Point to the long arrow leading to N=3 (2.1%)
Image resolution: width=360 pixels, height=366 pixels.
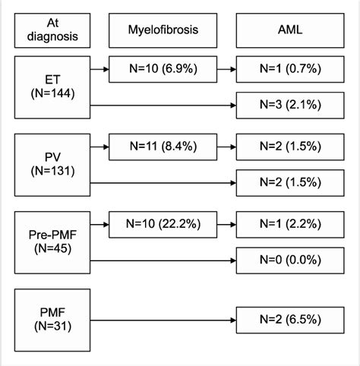point(163,106)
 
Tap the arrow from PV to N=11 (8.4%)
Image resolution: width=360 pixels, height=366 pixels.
point(98,145)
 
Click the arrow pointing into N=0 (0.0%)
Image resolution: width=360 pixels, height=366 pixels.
point(163,260)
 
